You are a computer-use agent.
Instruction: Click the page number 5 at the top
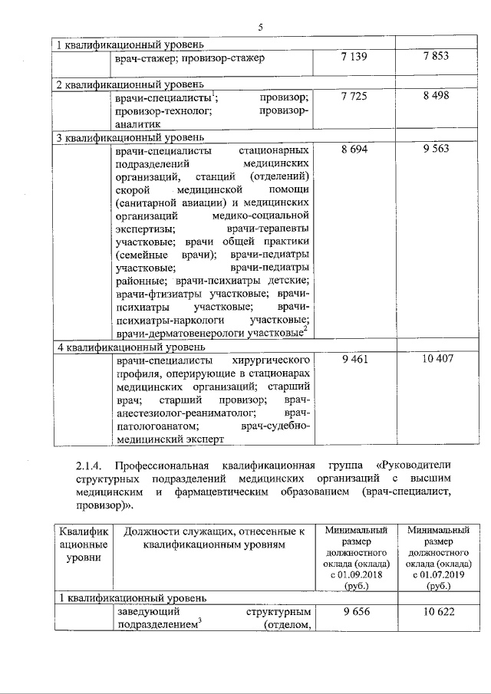[261, 28]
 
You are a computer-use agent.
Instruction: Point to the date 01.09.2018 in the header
[360, 576]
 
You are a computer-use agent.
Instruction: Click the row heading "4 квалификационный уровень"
[127, 346]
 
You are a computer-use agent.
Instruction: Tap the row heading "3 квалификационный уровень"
[127, 138]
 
